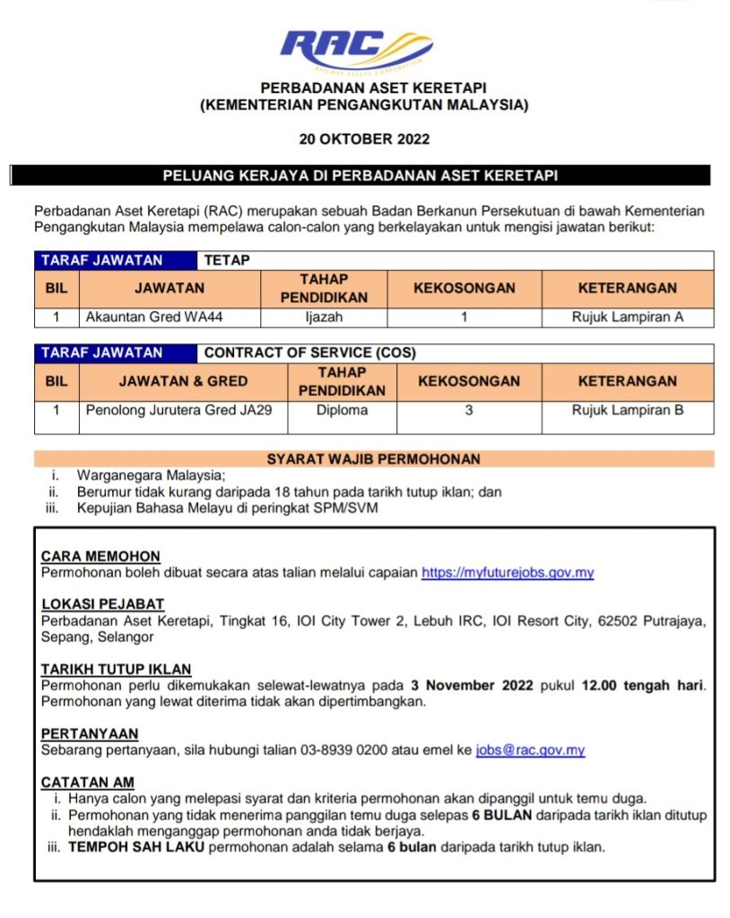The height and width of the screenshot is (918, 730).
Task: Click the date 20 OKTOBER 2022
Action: (x=364, y=139)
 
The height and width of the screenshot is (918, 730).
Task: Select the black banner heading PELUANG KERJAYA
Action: (x=360, y=176)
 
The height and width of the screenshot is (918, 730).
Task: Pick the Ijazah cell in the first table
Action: (x=324, y=316)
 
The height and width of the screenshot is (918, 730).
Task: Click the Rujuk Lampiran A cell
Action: (x=627, y=316)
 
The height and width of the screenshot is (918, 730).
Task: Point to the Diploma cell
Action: (x=342, y=410)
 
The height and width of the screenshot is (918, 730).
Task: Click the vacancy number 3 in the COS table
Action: (x=468, y=410)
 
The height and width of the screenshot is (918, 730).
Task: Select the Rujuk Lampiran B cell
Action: (x=627, y=410)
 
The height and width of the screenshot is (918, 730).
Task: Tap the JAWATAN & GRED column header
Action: (x=183, y=381)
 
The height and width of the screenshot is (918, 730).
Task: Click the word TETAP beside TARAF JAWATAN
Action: (x=227, y=260)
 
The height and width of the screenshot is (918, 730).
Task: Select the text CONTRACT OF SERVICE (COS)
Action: (x=309, y=353)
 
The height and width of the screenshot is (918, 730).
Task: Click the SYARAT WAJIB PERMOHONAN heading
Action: (x=373, y=459)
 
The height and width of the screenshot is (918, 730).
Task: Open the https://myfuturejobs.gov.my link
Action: (x=508, y=572)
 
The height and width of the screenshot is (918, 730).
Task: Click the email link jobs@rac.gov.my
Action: (x=530, y=750)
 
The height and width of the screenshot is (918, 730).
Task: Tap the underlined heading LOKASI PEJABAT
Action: (x=102, y=604)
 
